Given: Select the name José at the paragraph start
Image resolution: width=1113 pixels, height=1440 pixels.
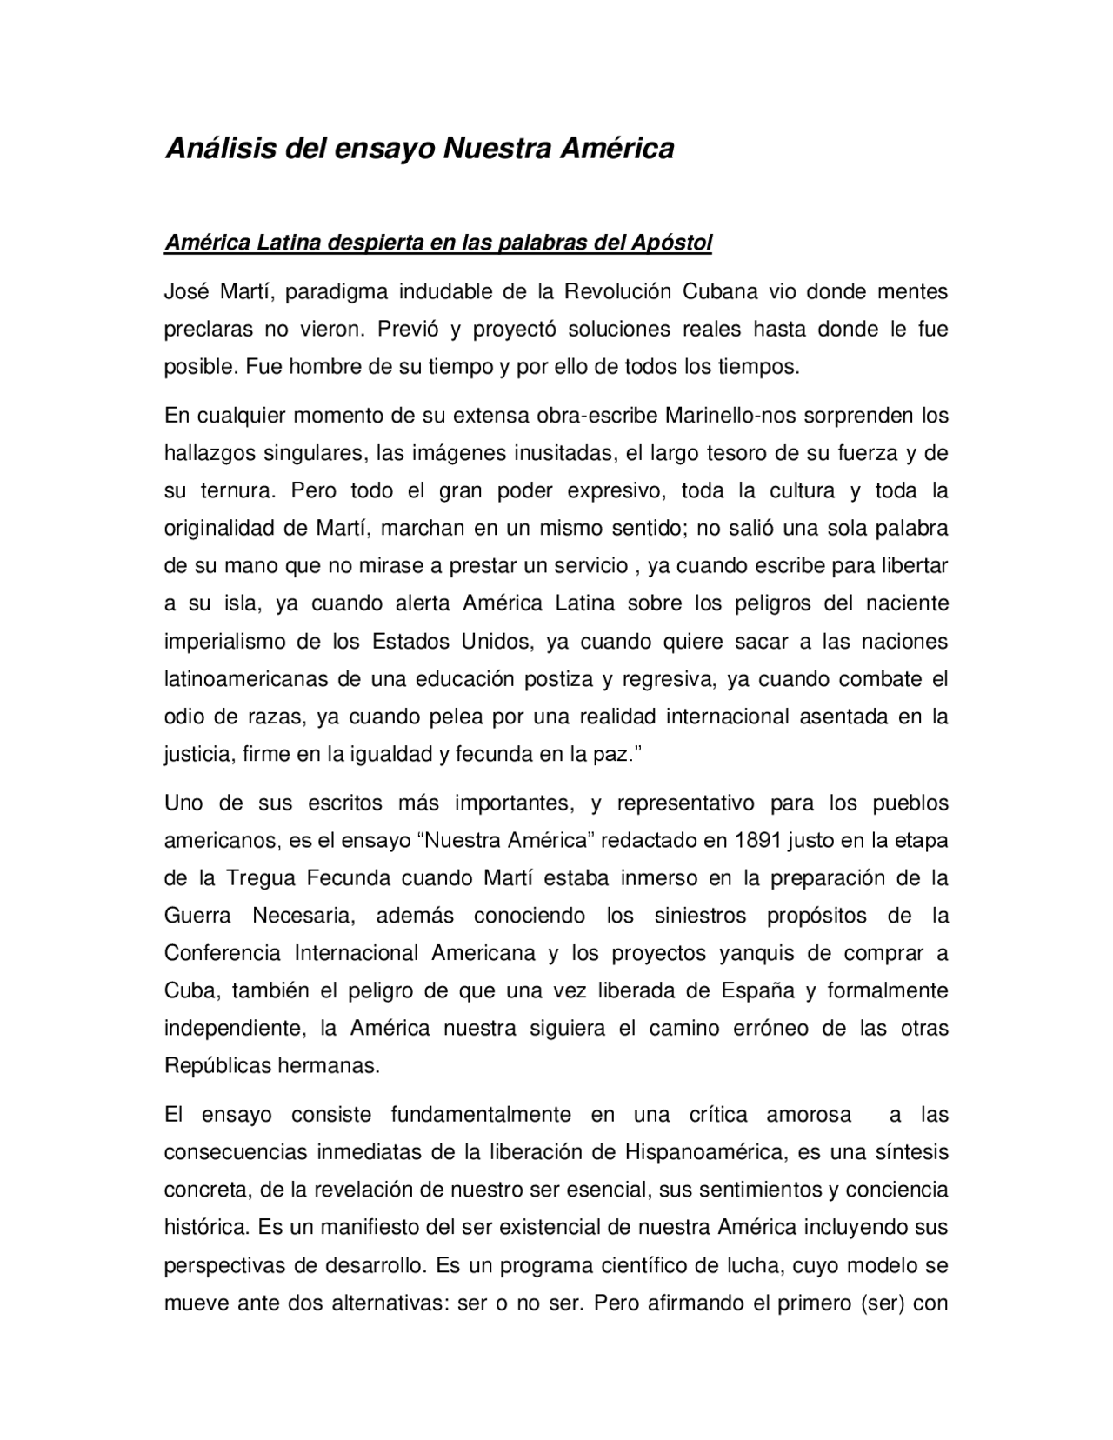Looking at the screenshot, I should tap(184, 291).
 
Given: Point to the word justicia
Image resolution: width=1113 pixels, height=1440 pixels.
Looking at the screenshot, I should tap(197, 755).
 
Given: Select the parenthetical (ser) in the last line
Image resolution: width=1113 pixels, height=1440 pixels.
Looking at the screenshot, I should tap(872, 1304).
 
